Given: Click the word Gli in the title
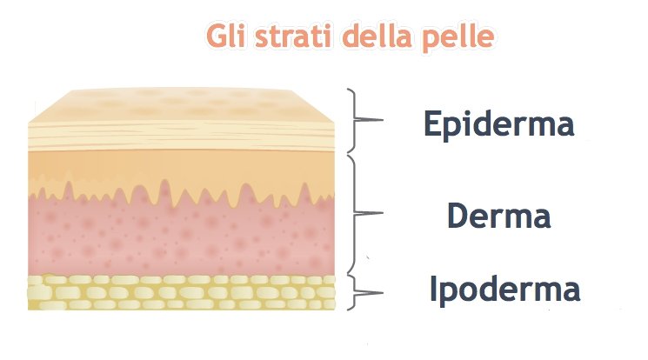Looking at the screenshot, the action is tap(226, 36).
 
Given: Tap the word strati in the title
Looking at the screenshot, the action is tap(293, 37).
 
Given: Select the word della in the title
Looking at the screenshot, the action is tap(377, 36).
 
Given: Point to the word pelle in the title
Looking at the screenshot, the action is tap(458, 38).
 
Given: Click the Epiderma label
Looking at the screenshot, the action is tap(498, 124).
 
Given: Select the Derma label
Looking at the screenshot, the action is tap(498, 216).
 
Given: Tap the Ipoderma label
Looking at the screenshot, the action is tap(504, 290).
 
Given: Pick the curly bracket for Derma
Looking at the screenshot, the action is tap(355, 213).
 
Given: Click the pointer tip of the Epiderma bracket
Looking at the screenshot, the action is tap(383, 120).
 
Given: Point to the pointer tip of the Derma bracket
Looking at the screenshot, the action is tap(383, 213).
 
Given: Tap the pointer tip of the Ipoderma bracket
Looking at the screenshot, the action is tap(383, 293).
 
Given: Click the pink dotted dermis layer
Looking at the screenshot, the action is tap(181, 237).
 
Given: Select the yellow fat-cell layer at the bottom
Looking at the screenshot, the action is tap(181, 292).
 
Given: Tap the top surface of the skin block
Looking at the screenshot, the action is tap(181, 105).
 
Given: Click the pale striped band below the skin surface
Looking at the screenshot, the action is tap(181, 137).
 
